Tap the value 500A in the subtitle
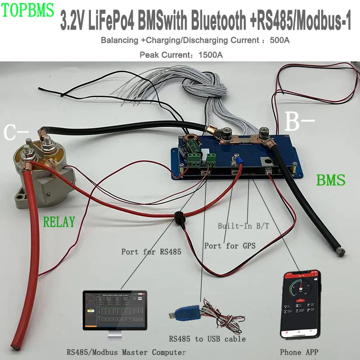pos(279,40)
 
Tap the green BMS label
pos(330,180)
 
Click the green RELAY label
pos(58,221)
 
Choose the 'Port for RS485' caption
pos(151,252)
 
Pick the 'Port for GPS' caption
pos(230,246)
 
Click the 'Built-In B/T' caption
pos(243,226)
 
